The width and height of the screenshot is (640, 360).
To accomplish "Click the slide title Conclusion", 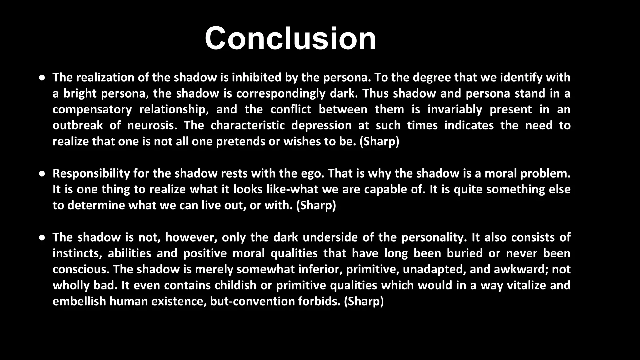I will coord(290,38).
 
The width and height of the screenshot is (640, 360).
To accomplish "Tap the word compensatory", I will coord(92,110).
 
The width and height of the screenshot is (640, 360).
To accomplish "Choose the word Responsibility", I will coord(91,173).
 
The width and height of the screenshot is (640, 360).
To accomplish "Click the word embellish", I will coord(79,301).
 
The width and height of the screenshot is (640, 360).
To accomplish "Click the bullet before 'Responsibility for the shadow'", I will coord(42,174).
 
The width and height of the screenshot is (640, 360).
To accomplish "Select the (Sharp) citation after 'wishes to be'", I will coord(379,142).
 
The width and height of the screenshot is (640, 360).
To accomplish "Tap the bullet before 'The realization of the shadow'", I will coord(42,77).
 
